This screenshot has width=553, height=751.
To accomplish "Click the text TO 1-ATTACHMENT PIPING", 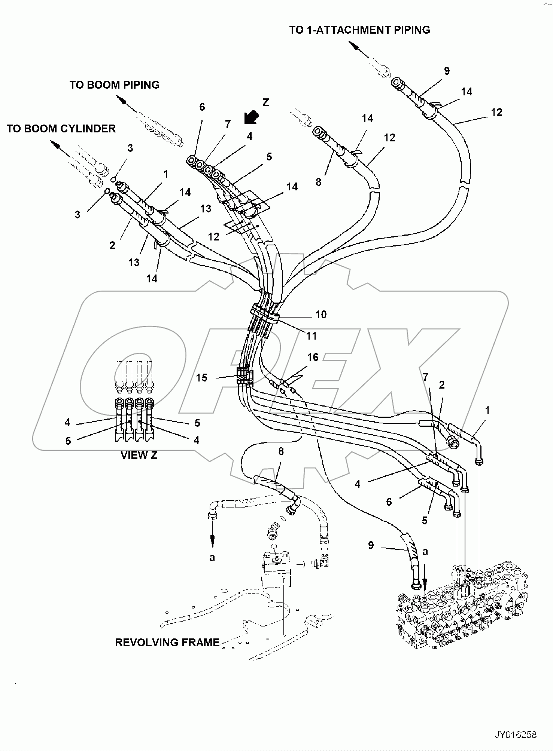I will (x=359, y=30).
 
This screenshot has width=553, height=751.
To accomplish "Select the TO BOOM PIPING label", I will (x=114, y=85).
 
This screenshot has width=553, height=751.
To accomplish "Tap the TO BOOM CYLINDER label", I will (x=61, y=129).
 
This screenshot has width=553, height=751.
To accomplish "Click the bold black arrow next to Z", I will (x=250, y=117).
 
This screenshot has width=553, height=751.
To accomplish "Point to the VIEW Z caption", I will (x=139, y=455).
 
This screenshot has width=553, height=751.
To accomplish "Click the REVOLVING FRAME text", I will (x=167, y=643).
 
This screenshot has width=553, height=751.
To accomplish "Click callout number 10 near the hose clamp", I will (x=321, y=315).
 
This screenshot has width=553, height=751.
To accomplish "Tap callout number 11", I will (x=312, y=336).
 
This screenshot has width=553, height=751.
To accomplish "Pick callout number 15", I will (x=201, y=378).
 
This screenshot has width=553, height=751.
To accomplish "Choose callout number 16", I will (x=313, y=357).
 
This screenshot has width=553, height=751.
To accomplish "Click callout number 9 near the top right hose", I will (x=447, y=71).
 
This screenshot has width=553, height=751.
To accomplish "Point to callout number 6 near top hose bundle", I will (x=202, y=107).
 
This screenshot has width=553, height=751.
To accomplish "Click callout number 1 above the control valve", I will (x=487, y=410).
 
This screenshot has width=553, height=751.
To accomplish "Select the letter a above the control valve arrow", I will (x=425, y=551).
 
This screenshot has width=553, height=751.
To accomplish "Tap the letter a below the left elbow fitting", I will (x=212, y=557).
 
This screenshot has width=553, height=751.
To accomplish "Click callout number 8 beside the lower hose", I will (x=281, y=451).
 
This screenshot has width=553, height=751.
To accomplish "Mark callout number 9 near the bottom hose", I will (x=371, y=545).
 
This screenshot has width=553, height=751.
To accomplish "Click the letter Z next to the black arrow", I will (x=266, y=102).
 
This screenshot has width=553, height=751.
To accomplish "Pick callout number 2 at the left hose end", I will (x=112, y=245).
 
